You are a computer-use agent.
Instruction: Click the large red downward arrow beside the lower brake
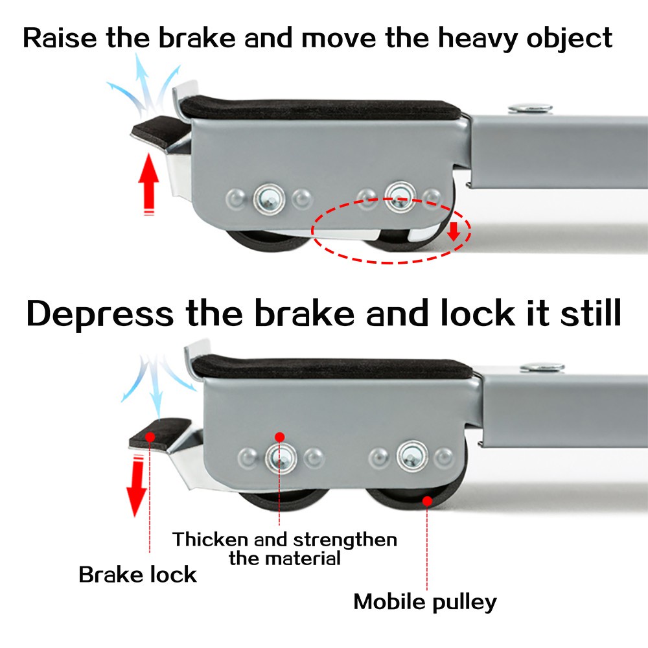(137, 485)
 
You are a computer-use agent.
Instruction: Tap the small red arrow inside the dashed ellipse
(454, 230)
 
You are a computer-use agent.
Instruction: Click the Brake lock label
(137, 574)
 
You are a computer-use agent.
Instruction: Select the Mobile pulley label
(425, 601)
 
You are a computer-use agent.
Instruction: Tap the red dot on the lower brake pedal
(150, 436)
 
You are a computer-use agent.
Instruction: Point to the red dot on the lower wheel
(426, 500)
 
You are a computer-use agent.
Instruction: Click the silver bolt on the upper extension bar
(530, 108)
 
